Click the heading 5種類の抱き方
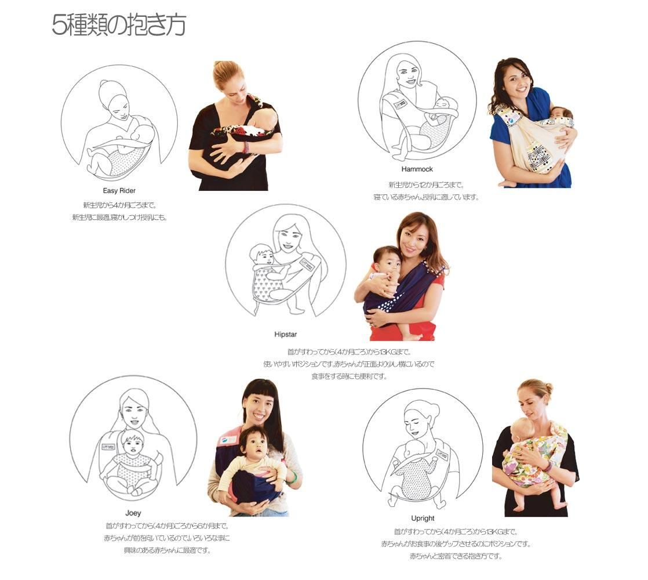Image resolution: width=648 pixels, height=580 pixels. click(119, 25)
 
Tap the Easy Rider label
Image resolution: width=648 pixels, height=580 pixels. click(119, 191)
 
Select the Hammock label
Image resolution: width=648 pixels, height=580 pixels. click(417, 169)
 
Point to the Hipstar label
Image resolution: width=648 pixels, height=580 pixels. click(286, 334)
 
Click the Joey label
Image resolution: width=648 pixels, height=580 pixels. click(133, 513)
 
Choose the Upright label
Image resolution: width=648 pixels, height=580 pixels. click(423, 519)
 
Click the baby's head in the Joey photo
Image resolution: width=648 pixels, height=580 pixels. click(252, 443)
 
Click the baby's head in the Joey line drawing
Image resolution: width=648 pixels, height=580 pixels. click(132, 441)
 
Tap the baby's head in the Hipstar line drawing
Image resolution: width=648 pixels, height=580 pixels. click(261, 254)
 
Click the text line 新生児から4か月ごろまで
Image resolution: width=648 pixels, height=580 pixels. click(120, 205)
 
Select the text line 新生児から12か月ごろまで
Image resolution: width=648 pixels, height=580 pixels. click(427, 185)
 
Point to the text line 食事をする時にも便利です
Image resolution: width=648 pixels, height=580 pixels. click(349, 376)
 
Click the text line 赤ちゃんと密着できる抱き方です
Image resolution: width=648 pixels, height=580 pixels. click(456, 556)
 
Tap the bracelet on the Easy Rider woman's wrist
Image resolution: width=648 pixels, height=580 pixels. click(246, 147)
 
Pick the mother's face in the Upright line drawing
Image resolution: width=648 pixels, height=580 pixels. click(417, 421)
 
